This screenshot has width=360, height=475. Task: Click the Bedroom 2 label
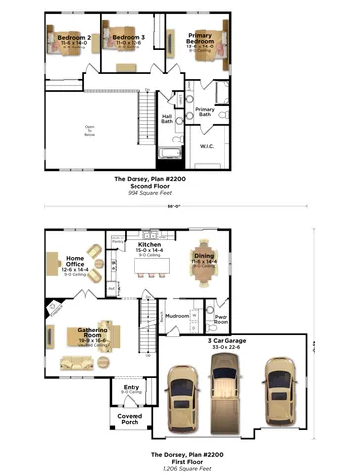coord(73,38)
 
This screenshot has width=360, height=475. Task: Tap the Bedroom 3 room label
coord(129,38)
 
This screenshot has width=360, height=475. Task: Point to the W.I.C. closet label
coord(207,146)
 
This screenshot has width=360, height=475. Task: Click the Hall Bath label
coord(168,118)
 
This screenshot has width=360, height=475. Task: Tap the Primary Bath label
coord(205,112)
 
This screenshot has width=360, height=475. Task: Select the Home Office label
coord(76,262)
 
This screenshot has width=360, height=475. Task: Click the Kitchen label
coord(163,247)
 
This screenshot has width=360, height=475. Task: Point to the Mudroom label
coord(177,317)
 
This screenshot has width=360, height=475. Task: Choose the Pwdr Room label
coord(222,319)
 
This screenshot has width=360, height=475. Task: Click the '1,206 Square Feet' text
coord(178,468)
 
